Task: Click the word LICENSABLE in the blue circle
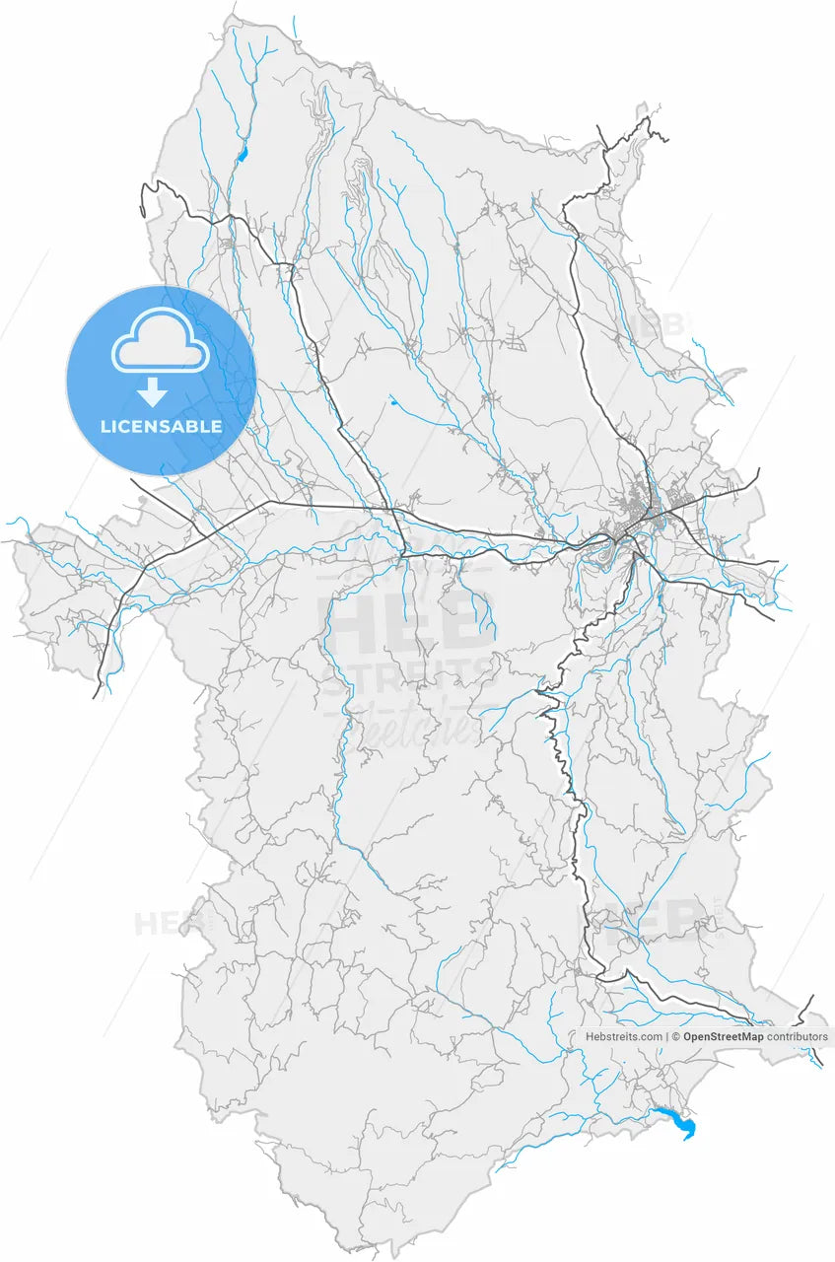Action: coord(161,427)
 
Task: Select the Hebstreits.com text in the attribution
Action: coord(624,1037)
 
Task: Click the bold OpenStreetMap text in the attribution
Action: coord(723,1037)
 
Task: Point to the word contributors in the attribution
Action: coord(798,1037)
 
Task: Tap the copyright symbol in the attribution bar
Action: coord(675,1037)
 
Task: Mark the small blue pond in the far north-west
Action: coord(243,154)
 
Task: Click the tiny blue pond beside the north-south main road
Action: coord(392,400)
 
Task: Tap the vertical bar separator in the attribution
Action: coord(666,1037)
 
